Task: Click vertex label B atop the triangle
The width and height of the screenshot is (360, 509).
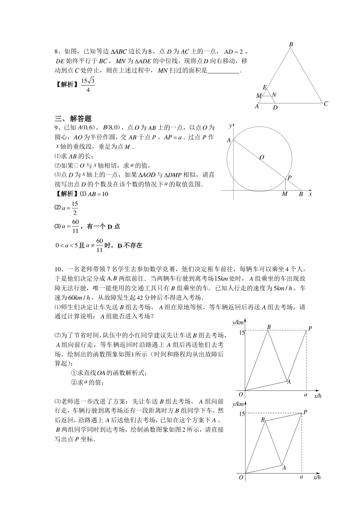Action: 291,44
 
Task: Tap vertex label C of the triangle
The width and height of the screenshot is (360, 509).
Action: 326,103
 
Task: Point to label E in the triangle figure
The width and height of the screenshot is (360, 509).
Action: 265,87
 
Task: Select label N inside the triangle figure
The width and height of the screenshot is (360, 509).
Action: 274,95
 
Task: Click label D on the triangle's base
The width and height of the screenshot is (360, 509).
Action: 275,108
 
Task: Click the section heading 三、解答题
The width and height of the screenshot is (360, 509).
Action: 74,119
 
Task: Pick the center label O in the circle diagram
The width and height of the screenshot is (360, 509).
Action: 262,157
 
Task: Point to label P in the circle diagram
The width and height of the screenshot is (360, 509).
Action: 290,177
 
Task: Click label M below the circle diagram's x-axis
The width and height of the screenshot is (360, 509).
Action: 285,194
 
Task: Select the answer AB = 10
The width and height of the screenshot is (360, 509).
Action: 98,194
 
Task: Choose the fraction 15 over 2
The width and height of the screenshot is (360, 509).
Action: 75,208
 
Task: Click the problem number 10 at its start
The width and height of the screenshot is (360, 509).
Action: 58,269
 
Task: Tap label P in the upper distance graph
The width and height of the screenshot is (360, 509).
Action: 310,328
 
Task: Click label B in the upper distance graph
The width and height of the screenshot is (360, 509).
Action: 269,327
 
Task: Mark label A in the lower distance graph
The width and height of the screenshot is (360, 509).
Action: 284,468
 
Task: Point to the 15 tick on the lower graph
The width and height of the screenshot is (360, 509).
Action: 241,414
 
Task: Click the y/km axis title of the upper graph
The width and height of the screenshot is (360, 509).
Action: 238,322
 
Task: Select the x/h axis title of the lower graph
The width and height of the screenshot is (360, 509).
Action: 318,478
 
